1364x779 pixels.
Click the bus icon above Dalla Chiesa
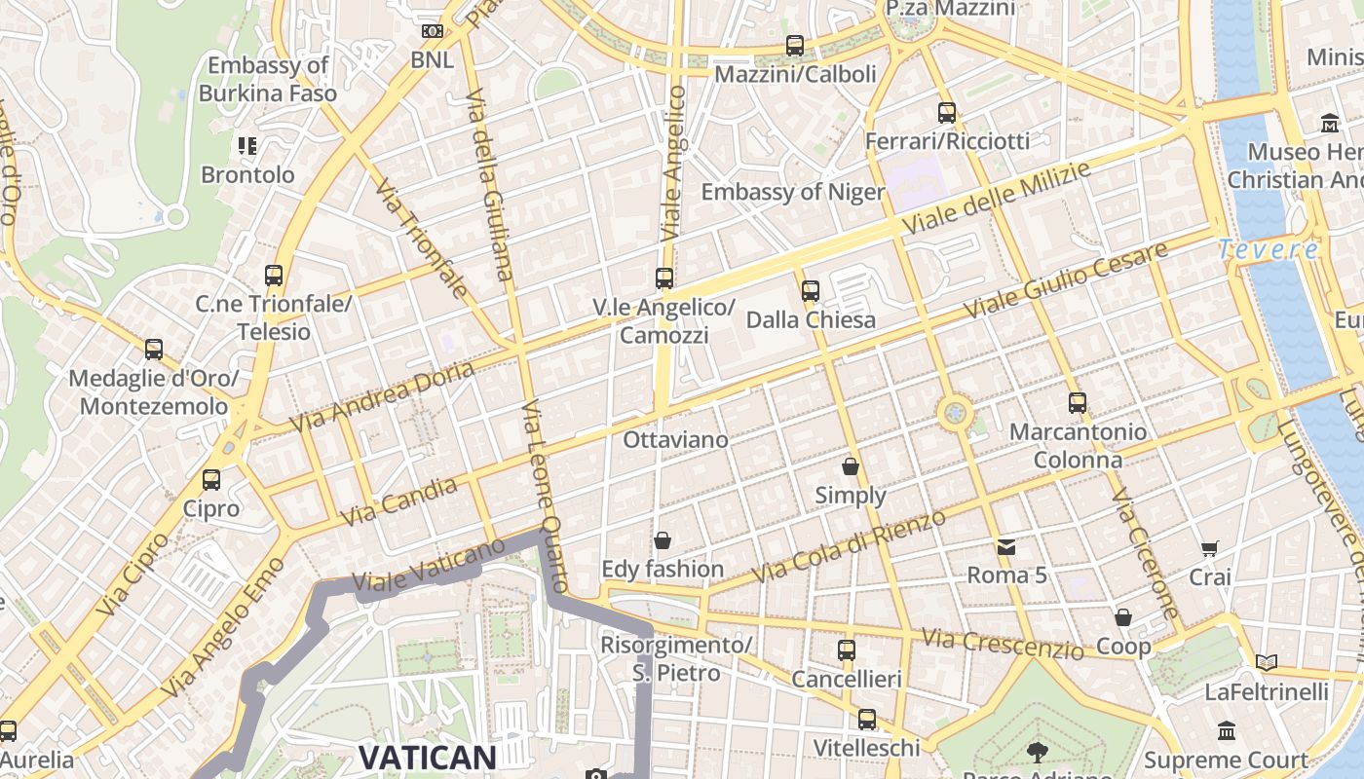810,290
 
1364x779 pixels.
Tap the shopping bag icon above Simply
851,466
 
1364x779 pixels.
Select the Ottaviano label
675,440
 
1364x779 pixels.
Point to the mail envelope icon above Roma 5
1005,546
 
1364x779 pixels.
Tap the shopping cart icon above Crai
1210,548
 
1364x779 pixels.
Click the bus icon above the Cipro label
211,479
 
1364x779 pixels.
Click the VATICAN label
428,757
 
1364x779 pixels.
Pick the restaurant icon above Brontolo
247,146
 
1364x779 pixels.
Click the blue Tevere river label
1268,250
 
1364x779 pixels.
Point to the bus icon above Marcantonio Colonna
1078,402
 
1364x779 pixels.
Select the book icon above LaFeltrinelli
1267,663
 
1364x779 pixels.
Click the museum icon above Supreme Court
1227,730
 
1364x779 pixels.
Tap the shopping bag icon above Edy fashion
663,540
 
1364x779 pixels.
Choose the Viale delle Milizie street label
996,198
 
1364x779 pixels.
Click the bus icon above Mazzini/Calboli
795,45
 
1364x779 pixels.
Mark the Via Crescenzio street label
1003,644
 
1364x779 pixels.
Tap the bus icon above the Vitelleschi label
866,720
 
